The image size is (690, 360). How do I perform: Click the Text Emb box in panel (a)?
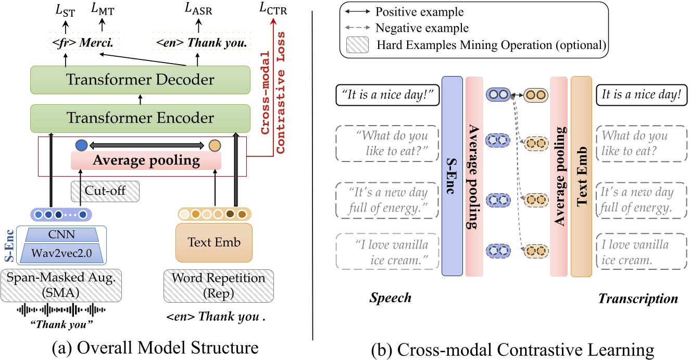coord(214,243)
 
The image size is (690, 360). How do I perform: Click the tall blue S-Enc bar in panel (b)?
coord(451,176)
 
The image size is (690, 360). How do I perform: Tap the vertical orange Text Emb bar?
coord(581,176)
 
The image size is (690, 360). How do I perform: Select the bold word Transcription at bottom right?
coord(638,299)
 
